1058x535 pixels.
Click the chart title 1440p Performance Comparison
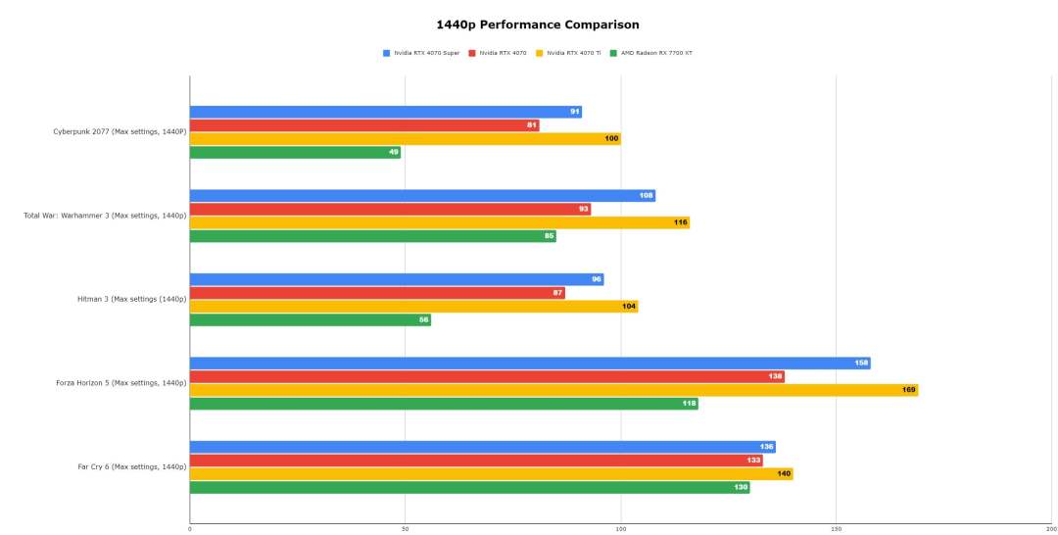(537, 24)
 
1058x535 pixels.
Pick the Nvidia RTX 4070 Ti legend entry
(573, 53)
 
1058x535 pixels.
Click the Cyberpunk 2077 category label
(120, 131)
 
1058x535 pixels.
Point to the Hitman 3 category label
(131, 299)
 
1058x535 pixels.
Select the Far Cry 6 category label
(131, 466)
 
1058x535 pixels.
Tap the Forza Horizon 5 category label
(120, 383)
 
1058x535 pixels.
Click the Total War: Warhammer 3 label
(105, 216)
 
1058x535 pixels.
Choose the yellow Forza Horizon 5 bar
(553, 390)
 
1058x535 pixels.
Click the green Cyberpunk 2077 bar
(294, 153)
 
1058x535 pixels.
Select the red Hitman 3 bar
(376, 293)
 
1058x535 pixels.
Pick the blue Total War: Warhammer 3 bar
(421, 196)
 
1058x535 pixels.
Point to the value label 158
(861, 363)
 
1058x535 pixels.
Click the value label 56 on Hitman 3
(423, 320)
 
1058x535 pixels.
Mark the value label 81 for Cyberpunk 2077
(532, 125)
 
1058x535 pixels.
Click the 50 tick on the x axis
(405, 528)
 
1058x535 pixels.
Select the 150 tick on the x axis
(836, 528)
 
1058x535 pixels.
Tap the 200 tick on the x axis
(1050, 528)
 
